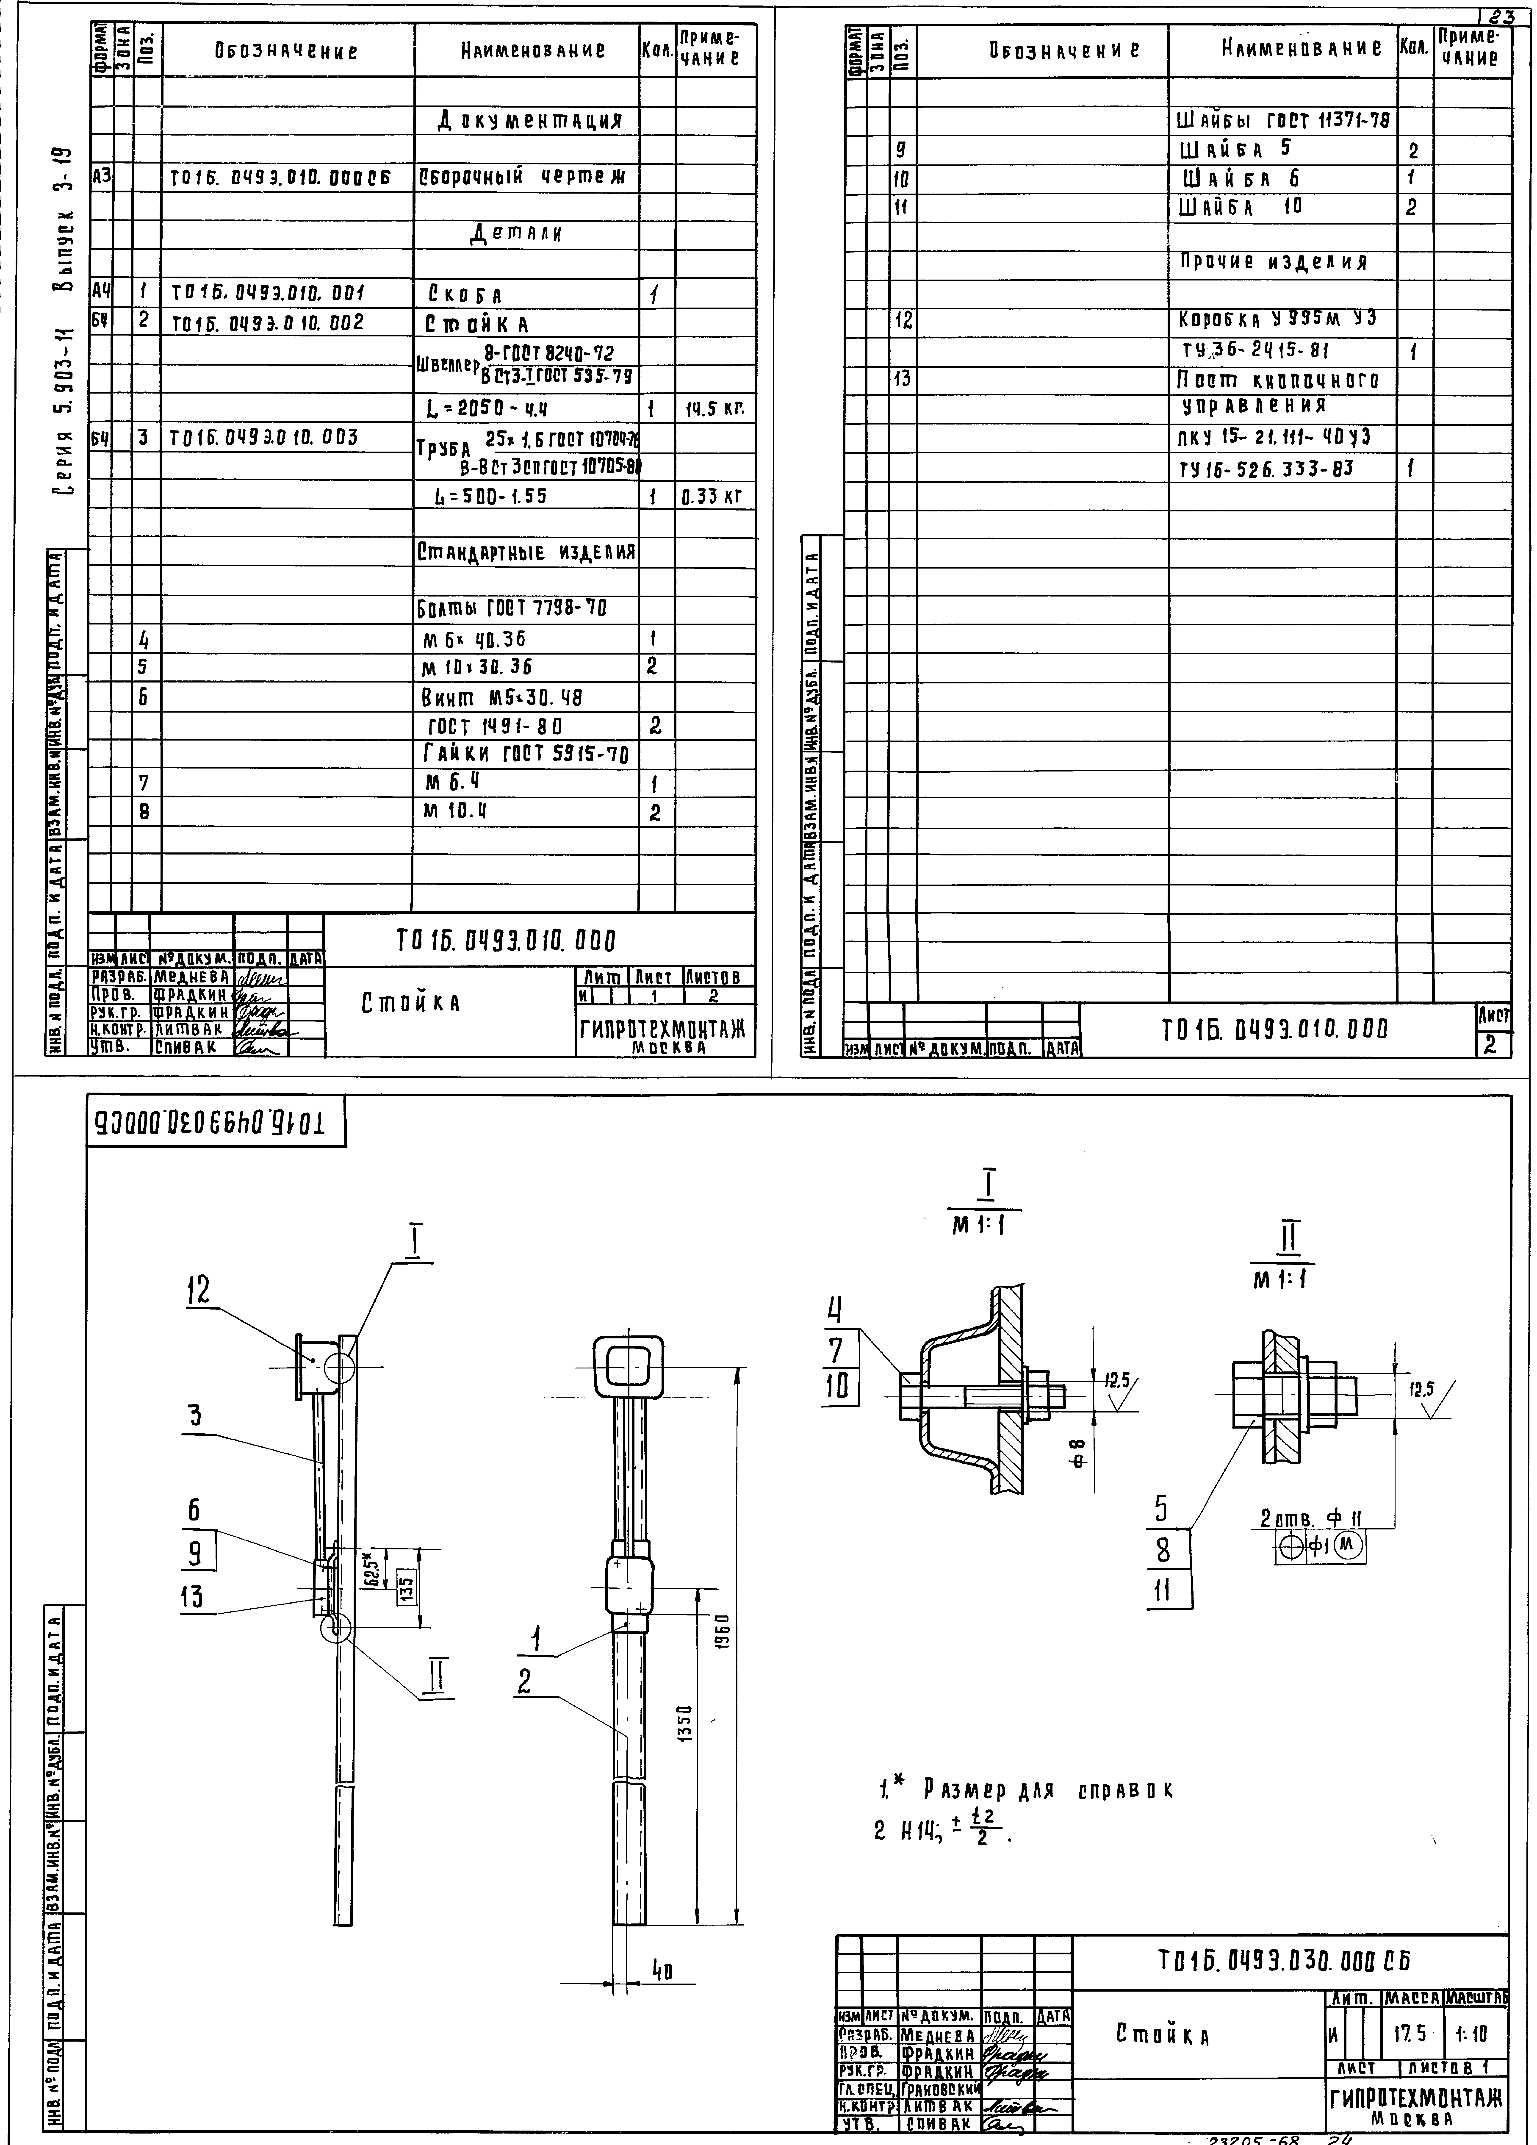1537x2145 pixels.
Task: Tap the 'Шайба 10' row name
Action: pos(1241,207)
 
